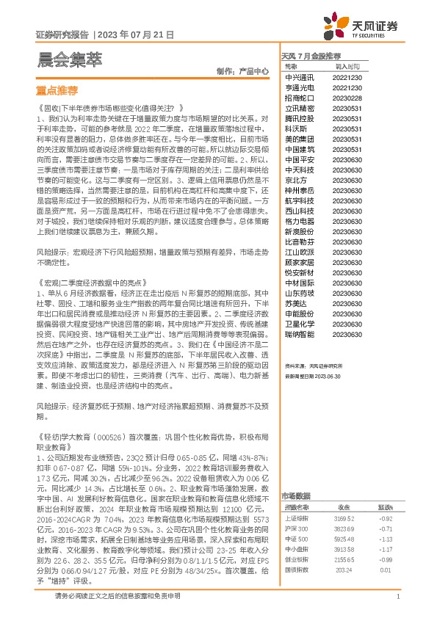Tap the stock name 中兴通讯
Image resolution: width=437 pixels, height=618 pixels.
tap(299, 76)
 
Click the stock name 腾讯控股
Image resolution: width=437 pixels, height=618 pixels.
tap(299, 117)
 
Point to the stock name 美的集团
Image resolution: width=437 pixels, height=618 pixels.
tap(299, 138)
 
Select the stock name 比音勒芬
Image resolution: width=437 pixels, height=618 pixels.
tap(299, 241)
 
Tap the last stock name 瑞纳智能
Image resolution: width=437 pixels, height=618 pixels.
tap(299, 333)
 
